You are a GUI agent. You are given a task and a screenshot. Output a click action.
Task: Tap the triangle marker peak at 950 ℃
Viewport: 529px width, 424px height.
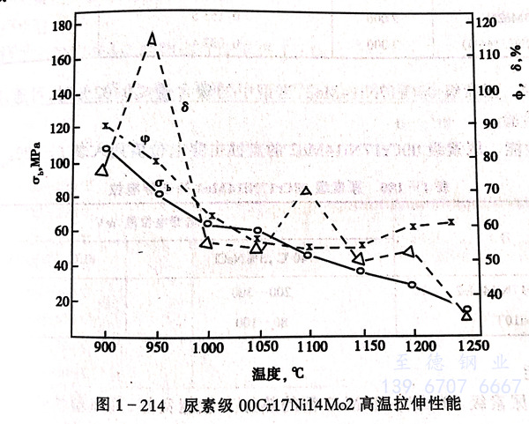152,39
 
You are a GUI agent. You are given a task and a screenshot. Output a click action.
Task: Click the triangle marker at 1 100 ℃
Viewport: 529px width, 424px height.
306,191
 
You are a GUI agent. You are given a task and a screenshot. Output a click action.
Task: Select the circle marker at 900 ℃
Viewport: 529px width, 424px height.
107,149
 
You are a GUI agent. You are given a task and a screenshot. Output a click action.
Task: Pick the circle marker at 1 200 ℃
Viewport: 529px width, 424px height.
412,285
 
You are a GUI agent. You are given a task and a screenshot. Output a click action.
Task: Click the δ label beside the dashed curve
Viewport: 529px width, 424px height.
184,107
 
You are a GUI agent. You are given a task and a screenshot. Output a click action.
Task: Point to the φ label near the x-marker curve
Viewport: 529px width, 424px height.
145,138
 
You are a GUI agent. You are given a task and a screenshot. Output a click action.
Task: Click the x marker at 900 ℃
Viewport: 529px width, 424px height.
106,126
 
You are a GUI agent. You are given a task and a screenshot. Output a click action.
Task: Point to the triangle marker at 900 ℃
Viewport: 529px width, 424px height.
102,169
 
